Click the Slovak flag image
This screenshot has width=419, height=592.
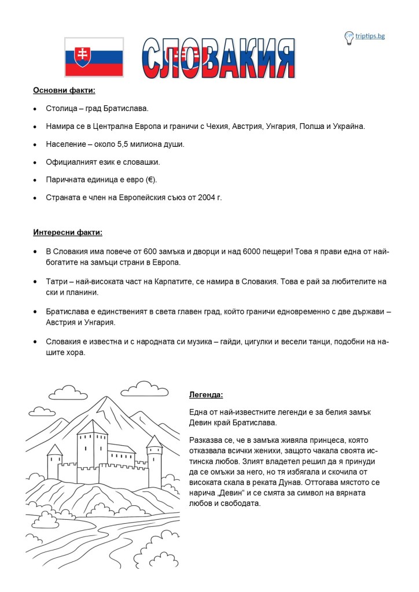tap(94, 57)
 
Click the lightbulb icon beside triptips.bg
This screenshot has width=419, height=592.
tap(349, 37)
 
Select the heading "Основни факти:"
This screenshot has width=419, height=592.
tap(64, 90)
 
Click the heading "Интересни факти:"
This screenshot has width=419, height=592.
tap(68, 232)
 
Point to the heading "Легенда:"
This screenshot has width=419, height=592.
tap(206, 395)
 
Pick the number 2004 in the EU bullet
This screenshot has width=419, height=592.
tap(205, 197)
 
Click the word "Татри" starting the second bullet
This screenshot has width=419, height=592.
tap(57, 281)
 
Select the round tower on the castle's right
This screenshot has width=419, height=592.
tap(155, 462)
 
